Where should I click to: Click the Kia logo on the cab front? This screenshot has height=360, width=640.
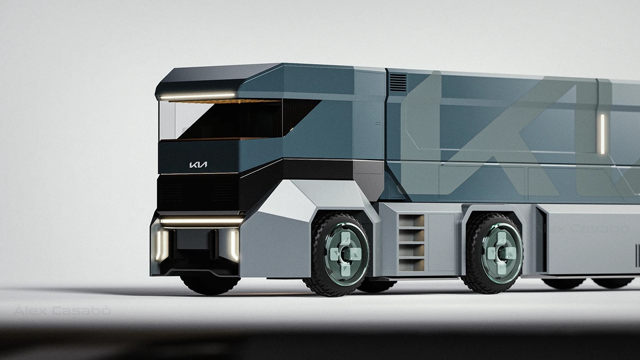click(x=198, y=165)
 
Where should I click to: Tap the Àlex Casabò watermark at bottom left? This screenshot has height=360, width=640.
click(x=62, y=311)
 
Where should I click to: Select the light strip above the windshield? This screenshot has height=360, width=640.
click(x=197, y=96)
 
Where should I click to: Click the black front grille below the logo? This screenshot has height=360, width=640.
click(x=197, y=192)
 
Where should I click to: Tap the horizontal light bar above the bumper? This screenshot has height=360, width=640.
click(x=201, y=221)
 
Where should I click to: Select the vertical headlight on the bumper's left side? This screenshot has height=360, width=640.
click(x=161, y=245)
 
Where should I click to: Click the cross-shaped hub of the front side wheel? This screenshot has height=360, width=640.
click(x=346, y=253)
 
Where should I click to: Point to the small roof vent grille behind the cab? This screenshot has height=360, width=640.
click(x=397, y=82)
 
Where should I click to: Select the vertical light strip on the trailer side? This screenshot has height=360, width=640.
click(x=603, y=134)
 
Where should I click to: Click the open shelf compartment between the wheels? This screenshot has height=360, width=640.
click(x=411, y=242)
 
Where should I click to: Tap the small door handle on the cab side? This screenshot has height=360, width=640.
click(x=378, y=124)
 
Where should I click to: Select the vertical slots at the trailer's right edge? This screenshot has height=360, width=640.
click(x=637, y=255)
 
